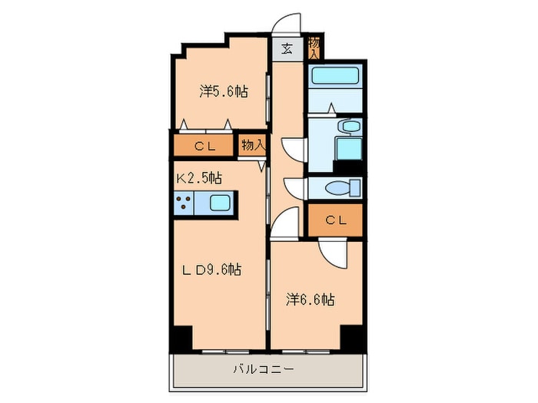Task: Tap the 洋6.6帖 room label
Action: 310,299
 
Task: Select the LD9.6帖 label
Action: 212,269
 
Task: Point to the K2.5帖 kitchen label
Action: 199,178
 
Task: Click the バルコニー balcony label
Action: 263,370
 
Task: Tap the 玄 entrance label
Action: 287,49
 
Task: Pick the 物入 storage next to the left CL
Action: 253,144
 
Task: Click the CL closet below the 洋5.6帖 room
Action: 203,145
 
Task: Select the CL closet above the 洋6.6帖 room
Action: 335,220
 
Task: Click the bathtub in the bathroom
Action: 336,77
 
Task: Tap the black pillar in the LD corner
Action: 181,337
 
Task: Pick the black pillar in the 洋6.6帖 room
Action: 352,337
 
